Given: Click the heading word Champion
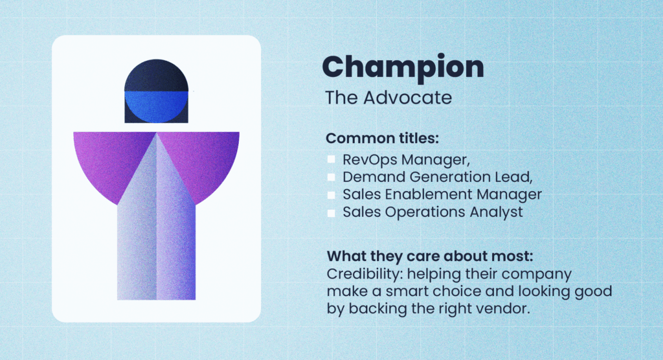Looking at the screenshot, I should point(403,67).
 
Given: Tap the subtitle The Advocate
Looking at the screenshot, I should point(388,98).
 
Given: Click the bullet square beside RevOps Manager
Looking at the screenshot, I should point(331,159).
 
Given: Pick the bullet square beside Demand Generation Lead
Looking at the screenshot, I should point(331,177).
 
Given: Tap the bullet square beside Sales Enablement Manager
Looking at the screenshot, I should point(331,194).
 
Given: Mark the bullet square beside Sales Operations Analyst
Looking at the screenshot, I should point(331,212).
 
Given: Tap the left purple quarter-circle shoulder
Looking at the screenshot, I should point(107,159).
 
